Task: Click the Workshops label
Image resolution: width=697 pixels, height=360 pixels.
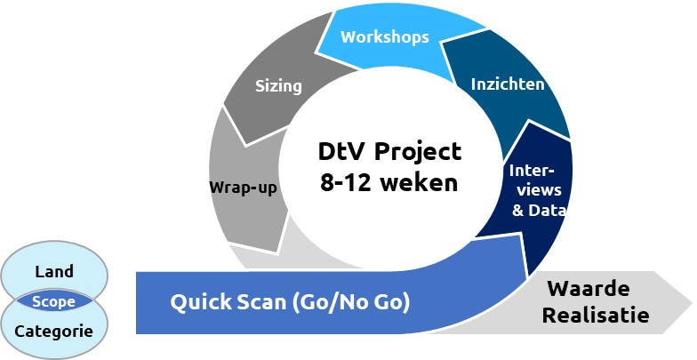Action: [384, 37]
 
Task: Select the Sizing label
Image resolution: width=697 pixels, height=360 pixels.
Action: [278, 85]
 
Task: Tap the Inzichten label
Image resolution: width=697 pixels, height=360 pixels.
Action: [508, 84]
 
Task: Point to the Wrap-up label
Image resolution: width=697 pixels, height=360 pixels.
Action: [244, 188]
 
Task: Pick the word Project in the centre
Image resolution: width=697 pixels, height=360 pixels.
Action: [418, 151]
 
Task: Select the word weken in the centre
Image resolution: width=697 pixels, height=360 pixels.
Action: [420, 182]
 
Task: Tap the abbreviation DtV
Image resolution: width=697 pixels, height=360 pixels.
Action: [343, 151]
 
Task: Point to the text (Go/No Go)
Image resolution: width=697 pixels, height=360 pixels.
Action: [350, 302]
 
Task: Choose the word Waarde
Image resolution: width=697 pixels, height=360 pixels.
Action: [589, 289]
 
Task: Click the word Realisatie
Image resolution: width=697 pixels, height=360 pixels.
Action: [596, 316]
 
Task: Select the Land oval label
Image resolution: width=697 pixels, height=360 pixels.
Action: [54, 271]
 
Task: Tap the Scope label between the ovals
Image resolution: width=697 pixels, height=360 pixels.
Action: [53, 302]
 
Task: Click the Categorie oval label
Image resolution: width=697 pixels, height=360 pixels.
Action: [53, 331]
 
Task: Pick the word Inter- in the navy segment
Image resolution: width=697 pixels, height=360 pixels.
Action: [532, 171]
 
